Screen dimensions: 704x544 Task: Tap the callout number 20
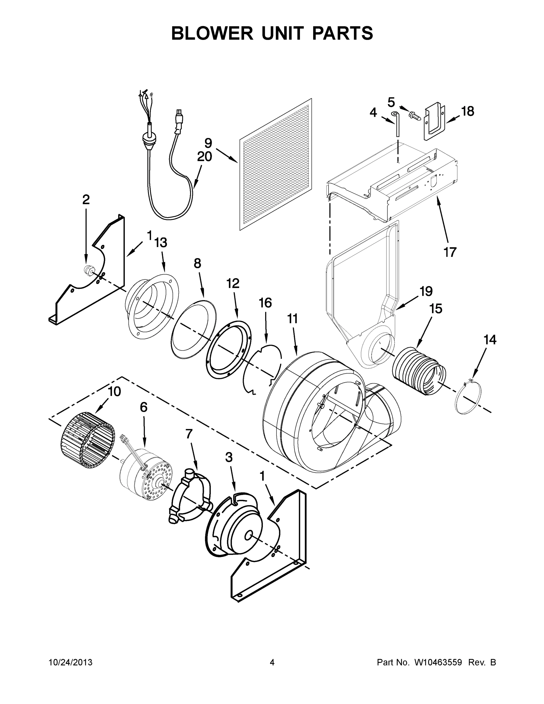click(x=204, y=157)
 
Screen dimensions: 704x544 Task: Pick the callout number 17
click(x=450, y=252)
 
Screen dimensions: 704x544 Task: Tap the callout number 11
click(x=292, y=319)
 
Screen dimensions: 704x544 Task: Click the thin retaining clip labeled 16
click(x=262, y=369)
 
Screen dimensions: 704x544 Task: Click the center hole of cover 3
click(x=248, y=535)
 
